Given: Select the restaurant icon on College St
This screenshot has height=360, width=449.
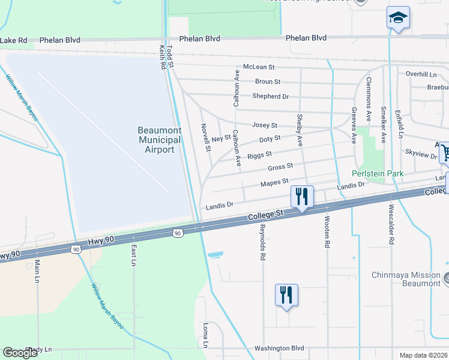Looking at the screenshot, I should point(302,196).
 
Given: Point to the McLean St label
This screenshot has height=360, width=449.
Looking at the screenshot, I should point(259,67).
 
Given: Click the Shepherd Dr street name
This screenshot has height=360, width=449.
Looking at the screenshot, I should point(271,96).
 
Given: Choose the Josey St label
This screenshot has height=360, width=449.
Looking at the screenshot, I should point(265,125).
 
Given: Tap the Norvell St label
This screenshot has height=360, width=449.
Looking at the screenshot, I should point(205,137).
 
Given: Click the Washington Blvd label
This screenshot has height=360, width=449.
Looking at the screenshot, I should point(279,348).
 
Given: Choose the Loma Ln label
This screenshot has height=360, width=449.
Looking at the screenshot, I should point(205,336).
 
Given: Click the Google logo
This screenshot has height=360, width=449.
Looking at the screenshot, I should point(20,353).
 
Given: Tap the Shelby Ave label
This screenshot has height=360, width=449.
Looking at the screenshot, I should point(300,130).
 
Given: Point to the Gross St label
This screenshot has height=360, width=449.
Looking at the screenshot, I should point(280,166).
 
